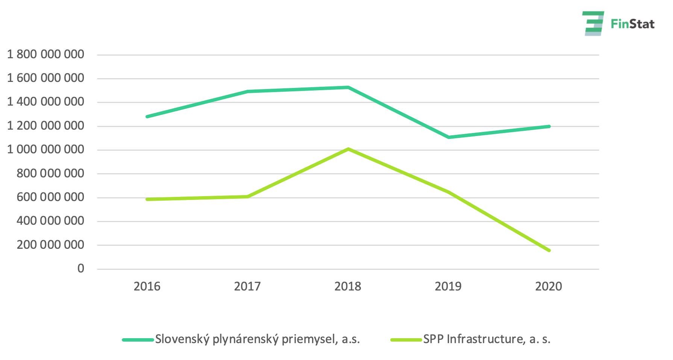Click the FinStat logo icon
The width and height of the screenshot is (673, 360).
click(x=593, y=23)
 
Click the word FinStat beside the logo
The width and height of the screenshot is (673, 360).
click(x=633, y=24)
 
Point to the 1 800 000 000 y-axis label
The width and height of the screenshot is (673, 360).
click(x=45, y=54)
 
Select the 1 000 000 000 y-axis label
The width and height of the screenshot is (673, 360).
click(x=45, y=150)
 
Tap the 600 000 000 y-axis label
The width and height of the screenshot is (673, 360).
click(x=50, y=197)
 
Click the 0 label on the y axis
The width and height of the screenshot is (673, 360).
click(x=81, y=269)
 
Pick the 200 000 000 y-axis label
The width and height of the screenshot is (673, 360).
click(x=50, y=245)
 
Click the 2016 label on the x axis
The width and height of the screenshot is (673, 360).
click(x=147, y=286)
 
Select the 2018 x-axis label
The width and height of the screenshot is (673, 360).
click(x=348, y=286)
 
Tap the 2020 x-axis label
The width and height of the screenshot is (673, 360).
click(x=549, y=286)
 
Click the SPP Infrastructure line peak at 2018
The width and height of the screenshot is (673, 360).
click(x=349, y=149)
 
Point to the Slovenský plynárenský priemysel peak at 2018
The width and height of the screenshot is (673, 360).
click(x=348, y=88)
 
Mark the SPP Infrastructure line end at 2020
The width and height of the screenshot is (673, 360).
click(x=549, y=250)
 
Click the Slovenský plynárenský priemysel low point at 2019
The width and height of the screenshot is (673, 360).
click(x=449, y=137)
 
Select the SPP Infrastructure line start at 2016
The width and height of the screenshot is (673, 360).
click(x=147, y=199)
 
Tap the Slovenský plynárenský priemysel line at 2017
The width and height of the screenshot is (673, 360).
click(x=248, y=91)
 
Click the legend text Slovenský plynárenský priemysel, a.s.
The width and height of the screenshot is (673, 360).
click(x=258, y=339)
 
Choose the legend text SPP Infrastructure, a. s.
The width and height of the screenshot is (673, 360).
click(x=487, y=339)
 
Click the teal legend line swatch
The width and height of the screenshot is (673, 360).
click(x=138, y=340)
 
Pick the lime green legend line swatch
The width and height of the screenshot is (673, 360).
click(x=406, y=340)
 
